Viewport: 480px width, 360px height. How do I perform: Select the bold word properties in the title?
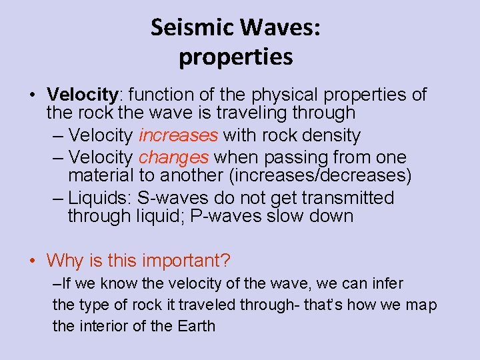pyautogui.click(x=235, y=57)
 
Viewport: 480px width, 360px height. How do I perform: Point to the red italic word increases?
pyautogui.click(x=178, y=135)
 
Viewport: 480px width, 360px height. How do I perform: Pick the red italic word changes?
pyautogui.click(x=173, y=158)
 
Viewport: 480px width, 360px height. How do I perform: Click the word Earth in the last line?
pyautogui.click(x=196, y=326)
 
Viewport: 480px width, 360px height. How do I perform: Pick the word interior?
pyautogui.click(x=103, y=326)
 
